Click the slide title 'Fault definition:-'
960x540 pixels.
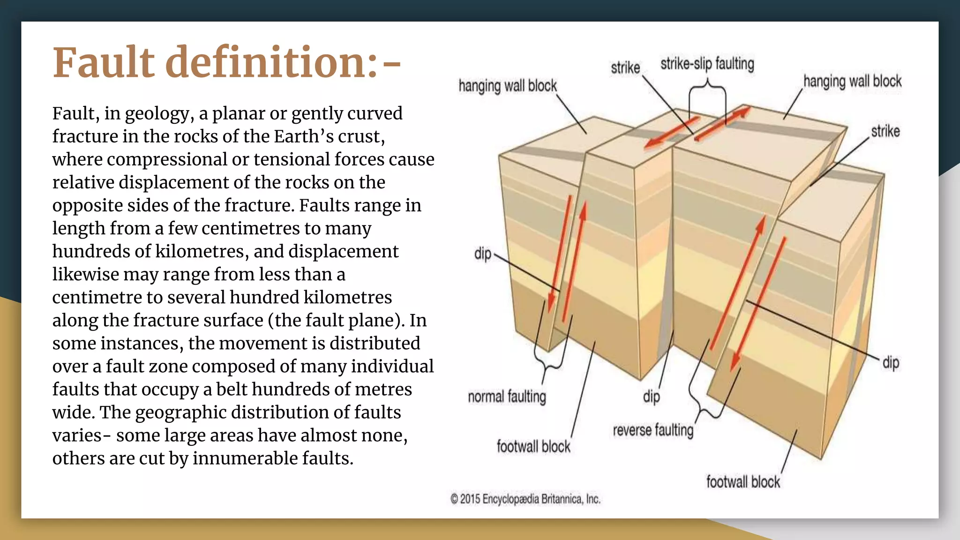227,62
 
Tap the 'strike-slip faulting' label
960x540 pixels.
707,64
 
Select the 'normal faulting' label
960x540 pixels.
507,397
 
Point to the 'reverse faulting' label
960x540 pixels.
653,430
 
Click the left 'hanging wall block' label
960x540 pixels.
508,86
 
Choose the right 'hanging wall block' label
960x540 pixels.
852,81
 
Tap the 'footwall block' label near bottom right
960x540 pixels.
743,482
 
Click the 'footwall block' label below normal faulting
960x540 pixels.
533,447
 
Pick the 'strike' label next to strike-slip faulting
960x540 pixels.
625,68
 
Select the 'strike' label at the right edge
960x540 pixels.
885,131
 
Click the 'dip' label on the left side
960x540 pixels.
483,254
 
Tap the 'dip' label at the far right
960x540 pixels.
891,363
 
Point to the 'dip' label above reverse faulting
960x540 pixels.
652,397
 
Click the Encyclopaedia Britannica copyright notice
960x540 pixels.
525,499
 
